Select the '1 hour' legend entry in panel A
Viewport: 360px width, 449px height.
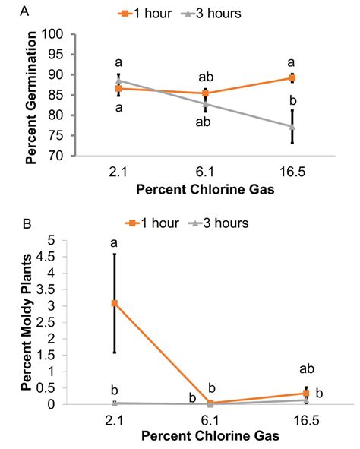149,14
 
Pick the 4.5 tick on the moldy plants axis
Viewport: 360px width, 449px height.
55,257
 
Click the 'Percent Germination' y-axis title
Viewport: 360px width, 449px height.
31,94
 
